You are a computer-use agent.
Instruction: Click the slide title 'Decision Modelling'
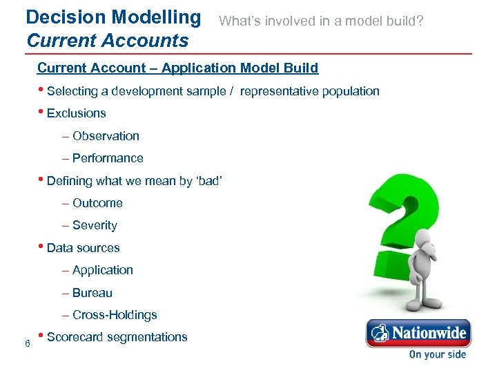click(x=113, y=17)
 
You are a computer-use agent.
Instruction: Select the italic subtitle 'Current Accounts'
click(x=107, y=41)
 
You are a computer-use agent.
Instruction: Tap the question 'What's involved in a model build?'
click(x=321, y=21)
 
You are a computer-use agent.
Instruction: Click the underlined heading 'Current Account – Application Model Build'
click(x=177, y=68)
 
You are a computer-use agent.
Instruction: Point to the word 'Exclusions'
click(x=76, y=113)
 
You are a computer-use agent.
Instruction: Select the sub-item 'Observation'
click(x=106, y=136)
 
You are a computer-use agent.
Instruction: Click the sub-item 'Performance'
click(x=108, y=158)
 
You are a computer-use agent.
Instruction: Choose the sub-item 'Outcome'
click(x=97, y=203)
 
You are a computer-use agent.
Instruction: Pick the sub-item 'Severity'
click(x=95, y=225)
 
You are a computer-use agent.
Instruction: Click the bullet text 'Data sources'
click(x=83, y=248)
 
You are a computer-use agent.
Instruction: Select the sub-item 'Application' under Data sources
click(x=102, y=270)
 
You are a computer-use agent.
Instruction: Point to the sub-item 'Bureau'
click(x=92, y=293)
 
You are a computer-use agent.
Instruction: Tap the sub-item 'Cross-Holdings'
click(x=115, y=315)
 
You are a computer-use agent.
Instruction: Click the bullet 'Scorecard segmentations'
click(x=117, y=337)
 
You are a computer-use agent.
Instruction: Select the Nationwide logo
click(x=418, y=334)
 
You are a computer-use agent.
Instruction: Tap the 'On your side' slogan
click(x=437, y=354)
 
